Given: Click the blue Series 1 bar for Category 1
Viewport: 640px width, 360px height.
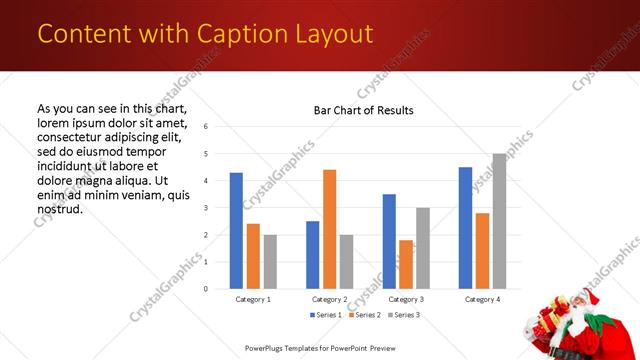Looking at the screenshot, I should tap(236, 231).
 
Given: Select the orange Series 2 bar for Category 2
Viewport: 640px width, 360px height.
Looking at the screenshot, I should tap(330, 229).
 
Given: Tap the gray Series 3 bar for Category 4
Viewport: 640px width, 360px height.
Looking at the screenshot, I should tap(499, 221).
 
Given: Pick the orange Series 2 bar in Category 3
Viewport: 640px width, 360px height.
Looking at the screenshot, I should tap(406, 264).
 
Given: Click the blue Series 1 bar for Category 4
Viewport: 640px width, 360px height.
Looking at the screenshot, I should tap(465, 228).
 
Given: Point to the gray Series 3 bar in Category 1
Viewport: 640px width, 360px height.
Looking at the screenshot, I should tap(270, 261).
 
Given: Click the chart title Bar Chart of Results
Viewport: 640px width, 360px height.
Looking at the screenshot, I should tap(363, 110).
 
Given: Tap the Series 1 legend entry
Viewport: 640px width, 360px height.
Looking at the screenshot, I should tap(327, 315).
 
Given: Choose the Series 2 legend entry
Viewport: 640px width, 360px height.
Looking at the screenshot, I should tap(364, 315).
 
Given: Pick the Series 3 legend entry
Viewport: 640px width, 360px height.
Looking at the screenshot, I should tap(401, 315).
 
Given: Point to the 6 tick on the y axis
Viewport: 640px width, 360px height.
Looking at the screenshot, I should tap(204, 127).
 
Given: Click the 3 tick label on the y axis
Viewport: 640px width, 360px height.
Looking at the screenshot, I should tap(204, 208).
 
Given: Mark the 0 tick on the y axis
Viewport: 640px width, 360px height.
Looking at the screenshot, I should tap(204, 289).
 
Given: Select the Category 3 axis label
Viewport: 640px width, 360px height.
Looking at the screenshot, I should tap(406, 299).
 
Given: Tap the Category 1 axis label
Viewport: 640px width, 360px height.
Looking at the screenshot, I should tap(253, 299).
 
